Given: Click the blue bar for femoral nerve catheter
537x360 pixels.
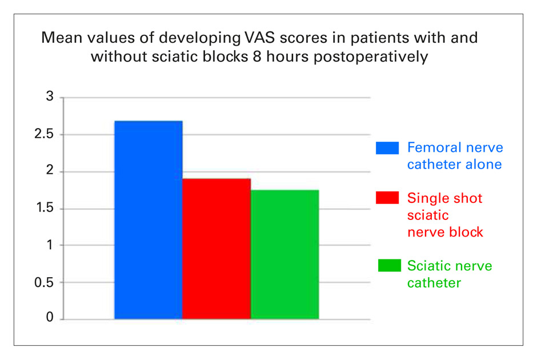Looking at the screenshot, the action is pyautogui.click(x=149, y=220).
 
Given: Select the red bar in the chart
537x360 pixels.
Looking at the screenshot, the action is pyautogui.click(x=217, y=249).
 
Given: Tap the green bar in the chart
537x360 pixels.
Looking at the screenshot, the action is pyautogui.click(x=284, y=254).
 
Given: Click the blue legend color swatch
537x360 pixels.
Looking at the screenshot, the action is pyautogui.click(x=387, y=148).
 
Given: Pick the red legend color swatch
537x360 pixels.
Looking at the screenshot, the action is pyautogui.click(x=387, y=198).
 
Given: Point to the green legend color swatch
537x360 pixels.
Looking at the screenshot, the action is pyautogui.click(x=390, y=266).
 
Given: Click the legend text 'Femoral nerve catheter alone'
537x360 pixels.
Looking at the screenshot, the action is pyautogui.click(x=455, y=156).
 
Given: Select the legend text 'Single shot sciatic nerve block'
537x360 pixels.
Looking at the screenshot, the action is pyautogui.click(x=445, y=215).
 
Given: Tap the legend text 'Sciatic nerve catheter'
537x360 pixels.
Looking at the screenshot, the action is pyautogui.click(x=450, y=274).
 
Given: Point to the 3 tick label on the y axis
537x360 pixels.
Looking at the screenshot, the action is pyautogui.click(x=50, y=97).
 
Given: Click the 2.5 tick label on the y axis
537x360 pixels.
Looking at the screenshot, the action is pyautogui.click(x=44, y=134).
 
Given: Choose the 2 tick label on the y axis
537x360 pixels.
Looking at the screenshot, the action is pyautogui.click(x=50, y=170).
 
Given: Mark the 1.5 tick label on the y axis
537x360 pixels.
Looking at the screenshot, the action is pyautogui.click(x=45, y=207).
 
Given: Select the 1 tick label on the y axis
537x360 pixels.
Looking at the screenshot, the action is pyautogui.click(x=50, y=245).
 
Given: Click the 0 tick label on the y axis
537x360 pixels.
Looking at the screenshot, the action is pyautogui.click(x=50, y=317).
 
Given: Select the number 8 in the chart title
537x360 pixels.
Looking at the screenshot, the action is pyautogui.click(x=257, y=57).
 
